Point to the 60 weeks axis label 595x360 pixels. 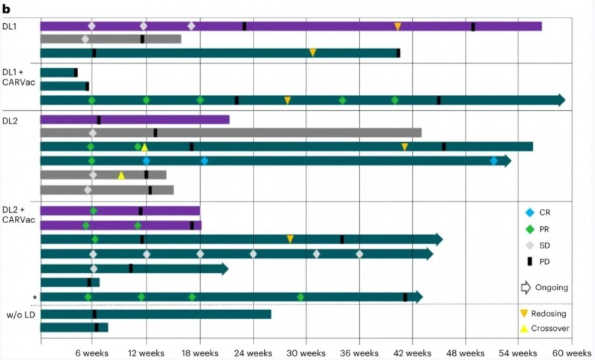tap(570, 352)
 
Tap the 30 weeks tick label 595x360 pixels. tap(305, 352)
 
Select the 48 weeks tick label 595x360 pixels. tap(465, 352)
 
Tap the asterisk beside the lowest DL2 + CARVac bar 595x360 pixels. tap(34, 298)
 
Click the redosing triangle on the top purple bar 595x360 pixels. tap(398, 27)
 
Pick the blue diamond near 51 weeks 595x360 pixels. tap(494, 161)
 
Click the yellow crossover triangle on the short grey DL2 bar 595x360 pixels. tap(121, 176)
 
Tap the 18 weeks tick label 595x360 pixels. tap(199, 352)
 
